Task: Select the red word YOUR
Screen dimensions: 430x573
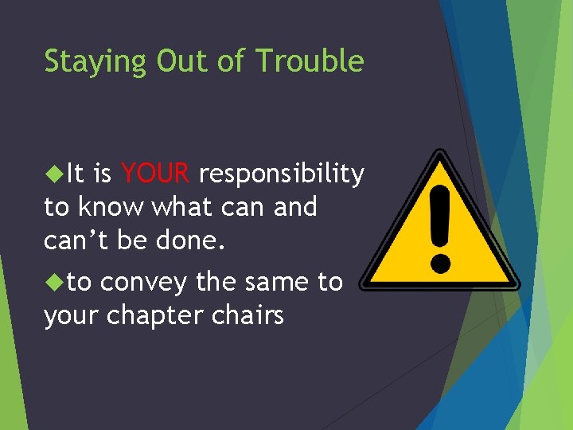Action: (x=155, y=172)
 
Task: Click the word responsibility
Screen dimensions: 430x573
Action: (x=282, y=174)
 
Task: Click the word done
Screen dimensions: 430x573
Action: (x=192, y=241)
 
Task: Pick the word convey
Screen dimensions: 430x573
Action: (x=140, y=282)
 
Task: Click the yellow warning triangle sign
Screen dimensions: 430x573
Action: (x=439, y=231)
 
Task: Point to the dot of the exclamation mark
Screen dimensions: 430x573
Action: (x=439, y=263)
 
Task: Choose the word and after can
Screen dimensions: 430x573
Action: (x=294, y=207)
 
